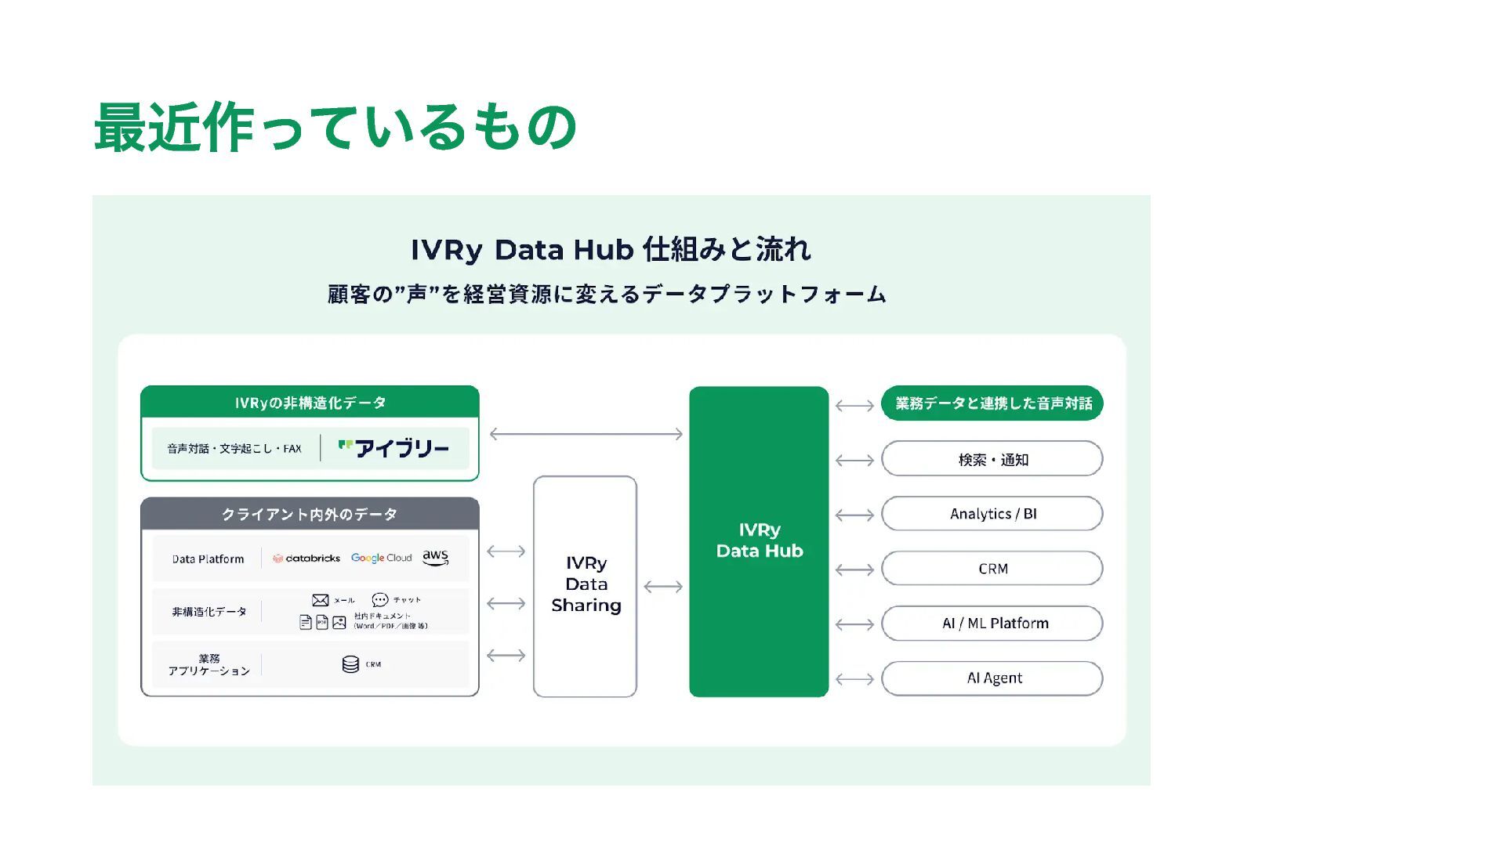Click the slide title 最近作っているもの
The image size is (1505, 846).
[x=335, y=127]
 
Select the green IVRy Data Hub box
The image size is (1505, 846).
[x=759, y=540]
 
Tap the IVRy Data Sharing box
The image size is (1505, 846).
[x=585, y=585]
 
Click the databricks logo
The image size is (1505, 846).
[x=306, y=559]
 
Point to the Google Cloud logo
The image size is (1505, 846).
[x=381, y=558]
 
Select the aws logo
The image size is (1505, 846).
[x=436, y=557]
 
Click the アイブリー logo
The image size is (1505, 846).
[x=393, y=448]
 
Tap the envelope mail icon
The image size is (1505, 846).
[x=320, y=600]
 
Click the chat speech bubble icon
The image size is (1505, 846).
[x=380, y=600]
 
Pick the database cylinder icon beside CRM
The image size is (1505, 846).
[x=350, y=664]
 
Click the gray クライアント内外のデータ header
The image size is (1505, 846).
[x=310, y=514]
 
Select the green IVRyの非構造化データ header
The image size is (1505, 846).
[x=310, y=403]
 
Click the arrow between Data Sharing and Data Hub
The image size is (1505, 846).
[x=663, y=587]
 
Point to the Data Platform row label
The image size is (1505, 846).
[x=208, y=559]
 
